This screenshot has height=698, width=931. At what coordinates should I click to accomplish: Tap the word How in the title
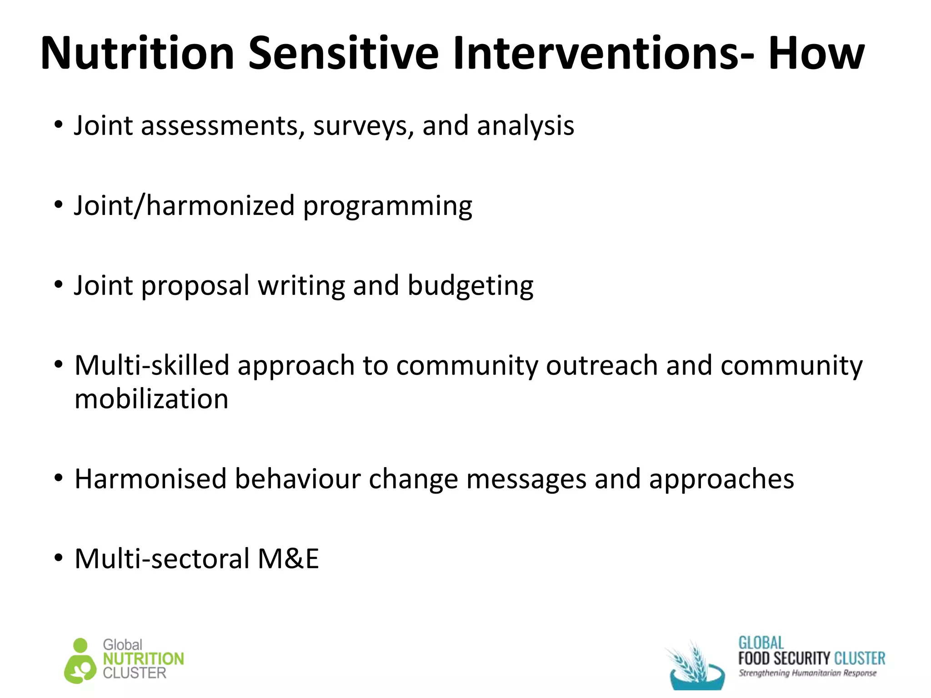pyautogui.click(x=816, y=53)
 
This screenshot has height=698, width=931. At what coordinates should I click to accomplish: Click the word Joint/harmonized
pyautogui.click(x=185, y=206)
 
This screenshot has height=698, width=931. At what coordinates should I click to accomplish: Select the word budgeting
pyautogui.click(x=470, y=287)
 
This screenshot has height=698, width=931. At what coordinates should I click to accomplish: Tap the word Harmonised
pyautogui.click(x=150, y=479)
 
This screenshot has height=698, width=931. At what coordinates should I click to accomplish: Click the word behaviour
pyautogui.click(x=297, y=479)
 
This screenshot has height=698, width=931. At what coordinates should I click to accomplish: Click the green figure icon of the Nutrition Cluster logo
pyautogui.click(x=80, y=662)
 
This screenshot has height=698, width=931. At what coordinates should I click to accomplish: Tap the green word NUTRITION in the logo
pyautogui.click(x=143, y=659)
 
